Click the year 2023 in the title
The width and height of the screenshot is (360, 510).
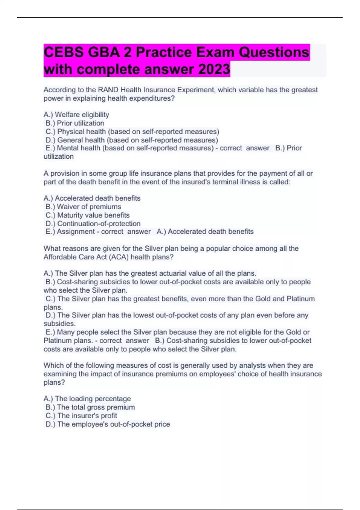(214, 69)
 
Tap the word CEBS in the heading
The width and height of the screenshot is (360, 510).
(64, 52)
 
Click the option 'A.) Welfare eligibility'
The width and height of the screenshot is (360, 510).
(76, 115)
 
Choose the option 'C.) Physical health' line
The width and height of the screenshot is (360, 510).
(132, 131)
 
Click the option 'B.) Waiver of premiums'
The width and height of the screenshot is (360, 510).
(83, 207)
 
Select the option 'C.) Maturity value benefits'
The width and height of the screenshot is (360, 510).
(87, 215)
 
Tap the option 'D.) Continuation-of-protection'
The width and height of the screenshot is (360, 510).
(93, 223)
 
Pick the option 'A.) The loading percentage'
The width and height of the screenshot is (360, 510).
(87, 399)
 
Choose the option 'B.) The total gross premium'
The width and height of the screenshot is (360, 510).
(90, 407)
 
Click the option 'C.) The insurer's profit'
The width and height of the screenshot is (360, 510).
(81, 415)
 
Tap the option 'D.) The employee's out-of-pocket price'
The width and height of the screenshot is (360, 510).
(107, 424)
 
